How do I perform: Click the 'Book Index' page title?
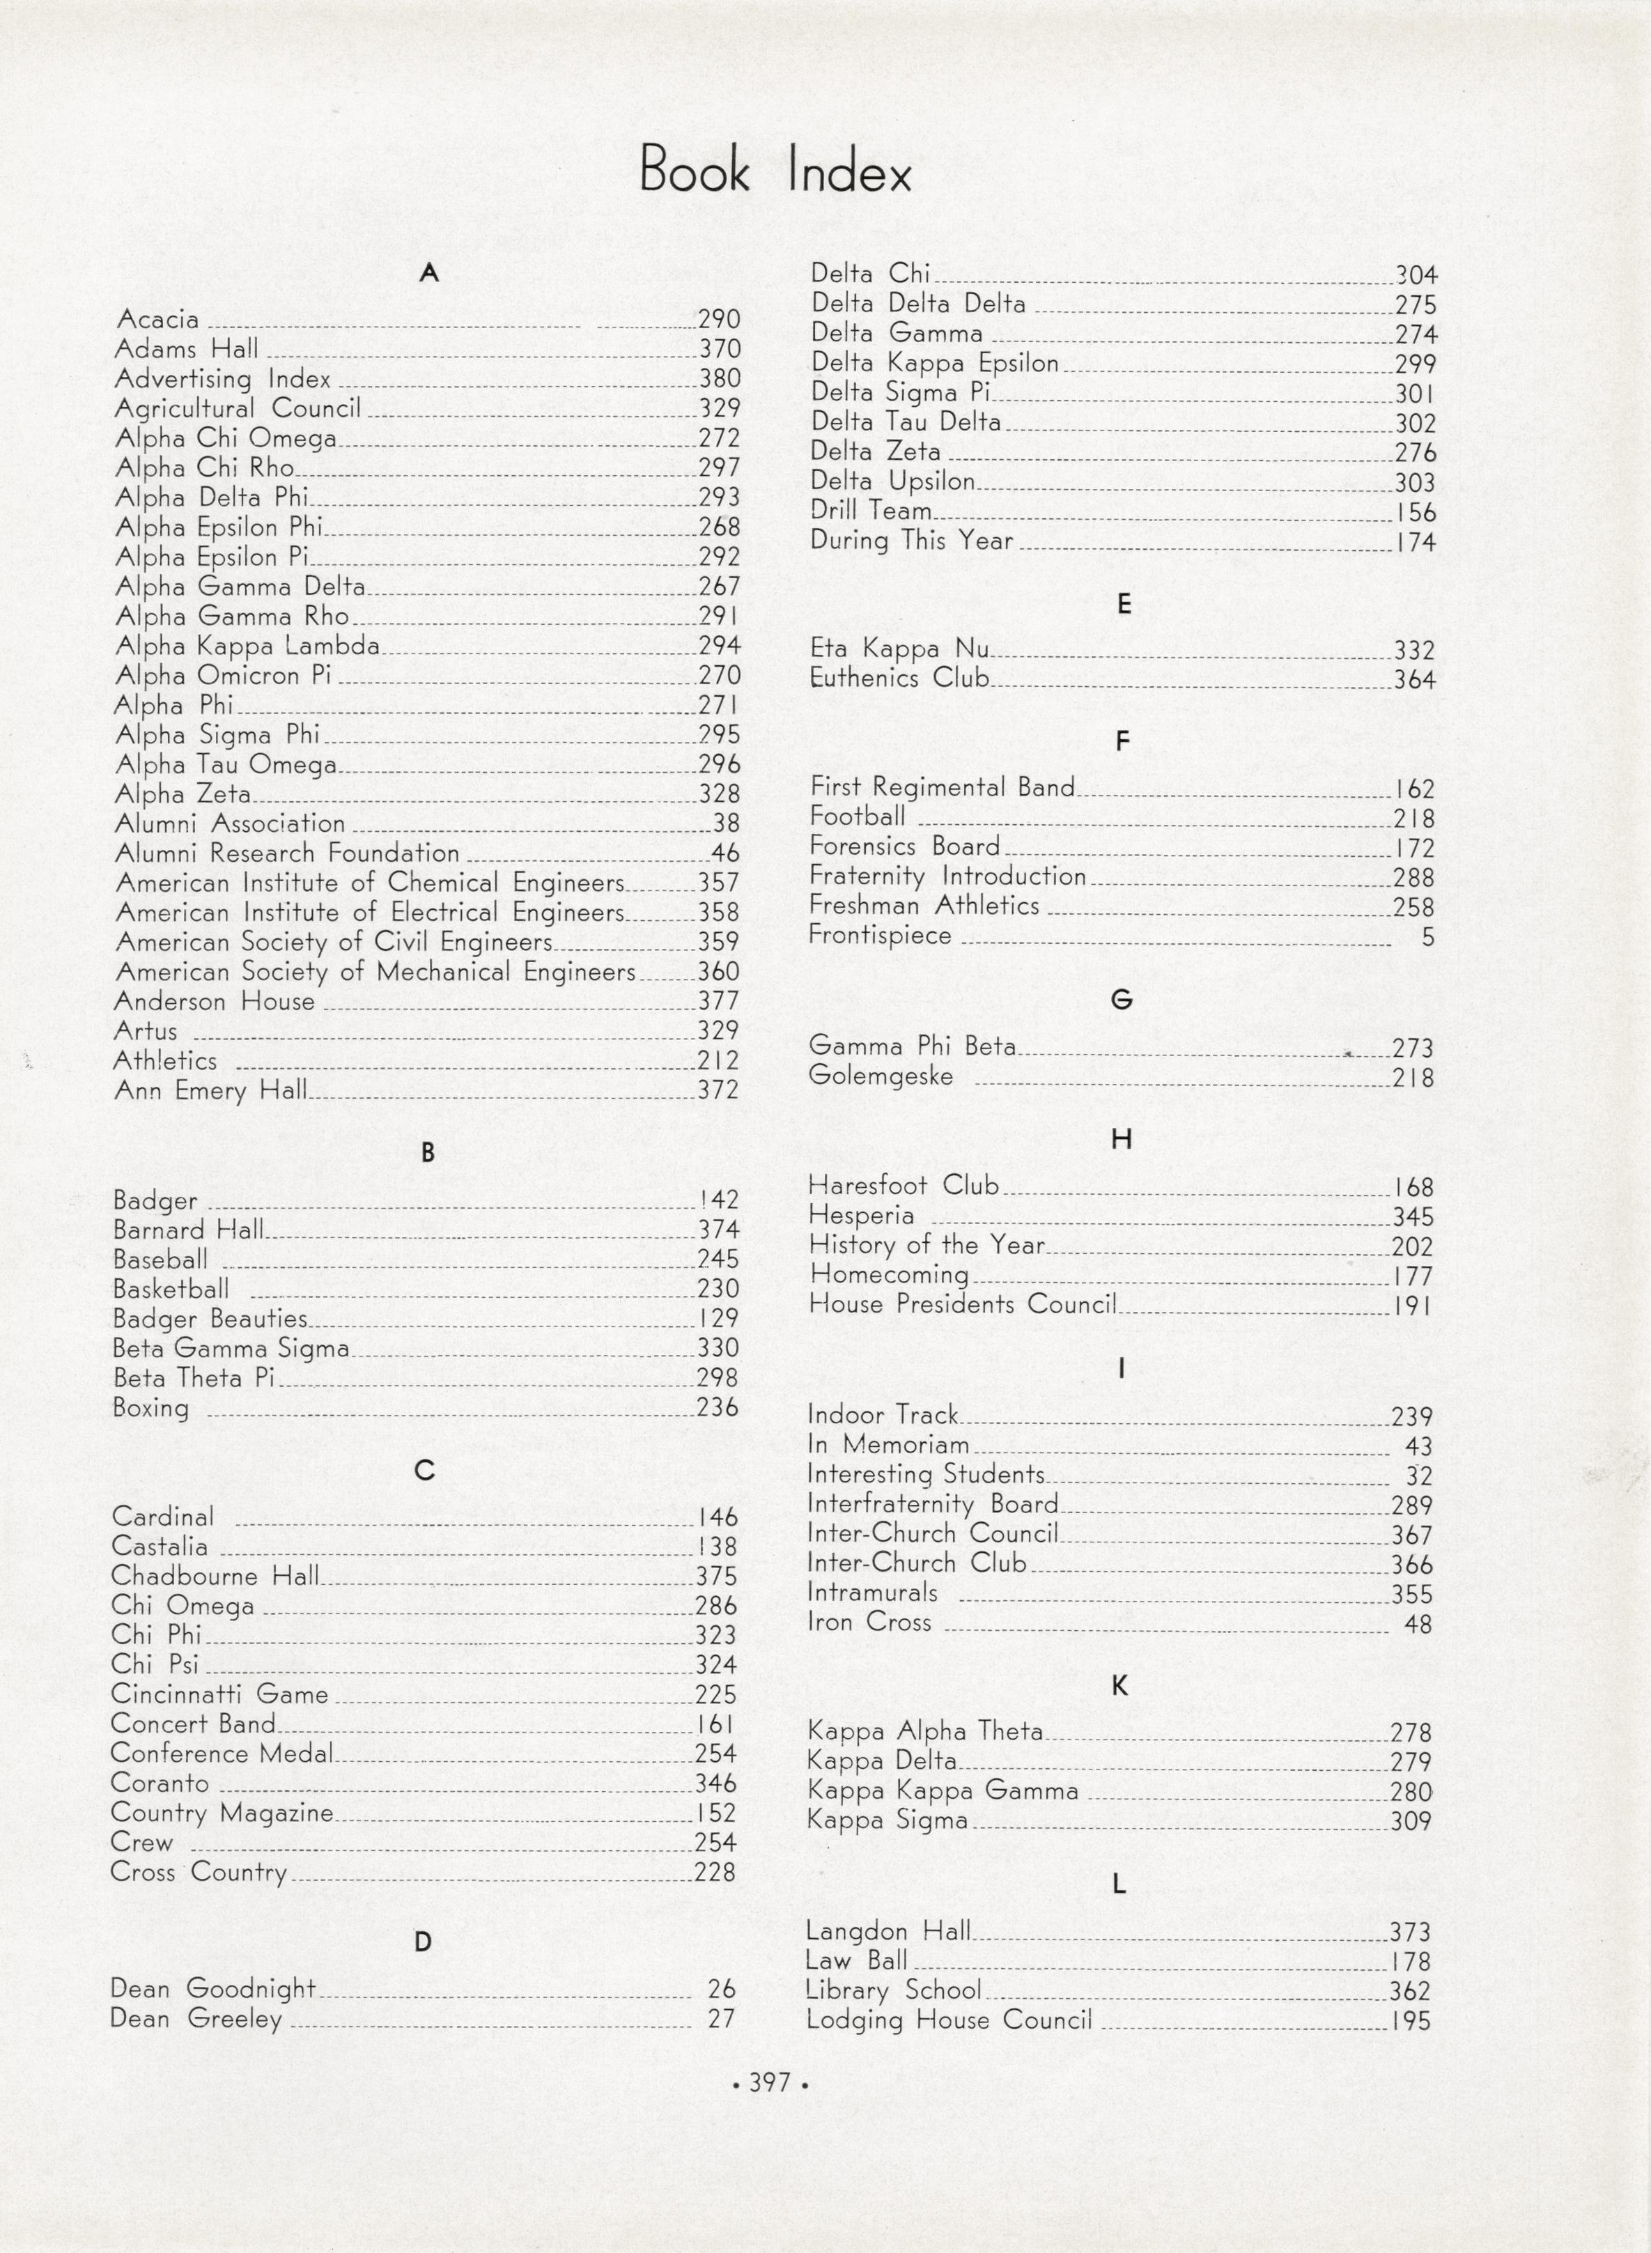(775, 171)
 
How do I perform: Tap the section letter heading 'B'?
(428, 1152)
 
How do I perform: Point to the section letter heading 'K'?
(1119, 1685)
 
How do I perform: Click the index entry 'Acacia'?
(158, 320)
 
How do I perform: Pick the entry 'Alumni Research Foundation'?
(287, 853)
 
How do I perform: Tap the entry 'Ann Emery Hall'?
(211, 1090)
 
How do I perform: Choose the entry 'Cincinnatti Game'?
(219, 1694)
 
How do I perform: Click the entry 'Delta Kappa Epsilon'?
(934, 363)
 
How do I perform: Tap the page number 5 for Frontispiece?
(1427, 936)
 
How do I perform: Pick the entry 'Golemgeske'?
(881, 1076)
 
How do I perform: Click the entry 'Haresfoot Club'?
(904, 1186)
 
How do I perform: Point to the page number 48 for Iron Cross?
(1417, 1625)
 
